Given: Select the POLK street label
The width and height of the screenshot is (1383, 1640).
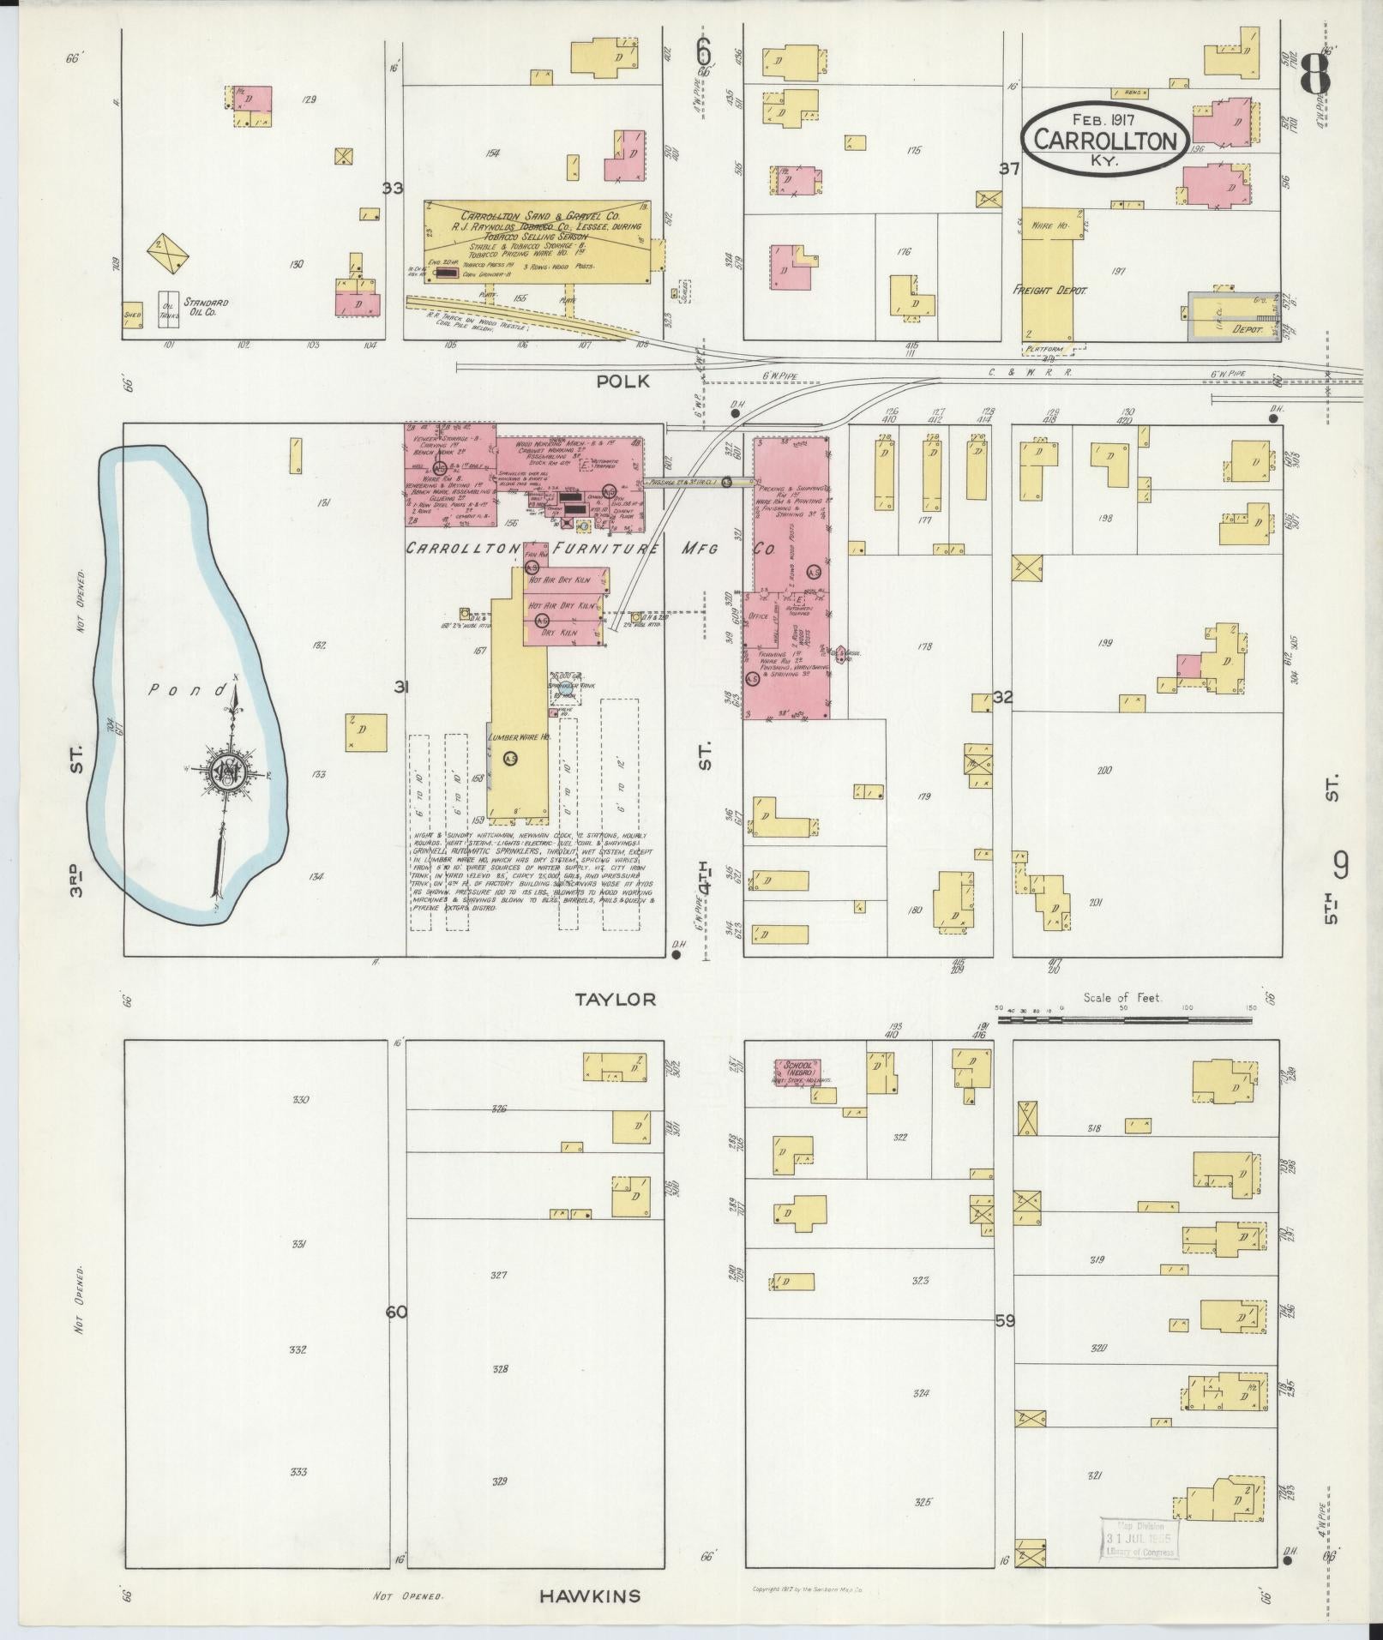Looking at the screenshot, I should tap(622, 382).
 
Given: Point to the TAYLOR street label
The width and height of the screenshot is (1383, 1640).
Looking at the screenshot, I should tap(616, 999).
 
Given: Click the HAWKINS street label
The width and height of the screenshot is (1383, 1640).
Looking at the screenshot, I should tap(590, 1595).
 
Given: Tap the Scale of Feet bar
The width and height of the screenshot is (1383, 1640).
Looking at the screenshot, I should tap(1123, 1020).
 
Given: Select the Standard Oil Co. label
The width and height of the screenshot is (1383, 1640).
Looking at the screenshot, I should tap(204, 308).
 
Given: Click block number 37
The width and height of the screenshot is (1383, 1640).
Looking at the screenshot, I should tap(1009, 169).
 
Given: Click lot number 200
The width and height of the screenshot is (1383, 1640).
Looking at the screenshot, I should tap(1103, 771).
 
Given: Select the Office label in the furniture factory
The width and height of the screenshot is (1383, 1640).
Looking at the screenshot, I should tap(756, 616).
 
